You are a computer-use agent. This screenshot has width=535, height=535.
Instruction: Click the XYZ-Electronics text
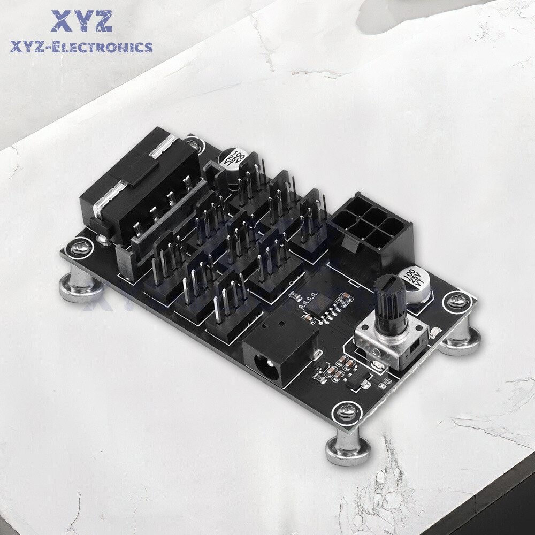tap(81, 48)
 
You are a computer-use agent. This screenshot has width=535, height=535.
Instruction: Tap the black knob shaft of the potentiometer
tap(390, 302)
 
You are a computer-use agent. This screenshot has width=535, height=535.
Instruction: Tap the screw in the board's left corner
tap(76, 248)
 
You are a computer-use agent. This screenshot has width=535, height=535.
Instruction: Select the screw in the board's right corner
tap(458, 302)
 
